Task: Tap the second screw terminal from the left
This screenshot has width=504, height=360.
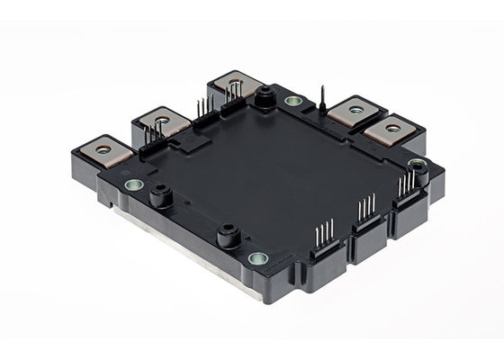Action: coord(163,118)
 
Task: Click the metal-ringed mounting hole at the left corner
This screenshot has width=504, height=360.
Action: coord(132,184)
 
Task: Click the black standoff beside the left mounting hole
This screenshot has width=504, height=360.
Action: coord(162,194)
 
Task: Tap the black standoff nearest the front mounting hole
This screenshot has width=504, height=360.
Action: coord(227,237)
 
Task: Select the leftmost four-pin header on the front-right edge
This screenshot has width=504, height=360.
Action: coord(323,237)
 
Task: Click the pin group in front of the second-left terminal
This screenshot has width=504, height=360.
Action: coord(151,135)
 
